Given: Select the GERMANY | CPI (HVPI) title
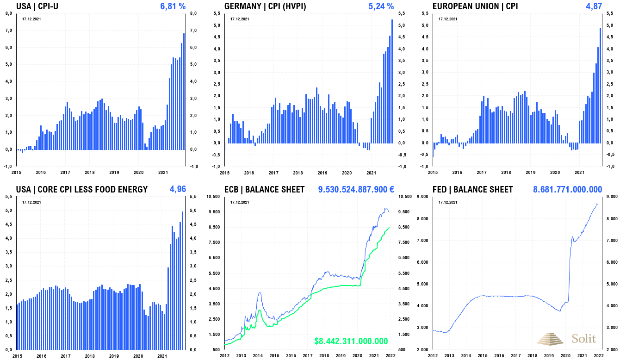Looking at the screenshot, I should pyautogui.click(x=265, y=6).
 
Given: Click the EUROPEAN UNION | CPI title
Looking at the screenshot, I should pyautogui.click(x=475, y=6).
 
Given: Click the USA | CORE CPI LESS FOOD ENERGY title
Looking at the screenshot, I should pyautogui.click(x=82, y=189).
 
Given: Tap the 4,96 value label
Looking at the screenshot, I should pyautogui.click(x=178, y=189).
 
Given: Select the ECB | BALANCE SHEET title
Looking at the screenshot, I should pyautogui.click(x=264, y=189).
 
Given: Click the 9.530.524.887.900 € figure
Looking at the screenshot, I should pyautogui.click(x=356, y=189).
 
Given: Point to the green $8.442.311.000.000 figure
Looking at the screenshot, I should pyautogui.click(x=351, y=341).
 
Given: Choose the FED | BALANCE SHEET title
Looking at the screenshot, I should pyautogui.click(x=472, y=189).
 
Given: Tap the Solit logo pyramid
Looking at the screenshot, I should pyautogui.click(x=551, y=338).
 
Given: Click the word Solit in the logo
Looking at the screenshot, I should pyautogui.click(x=584, y=338).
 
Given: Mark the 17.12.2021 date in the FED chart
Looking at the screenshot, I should pyautogui.click(x=448, y=202).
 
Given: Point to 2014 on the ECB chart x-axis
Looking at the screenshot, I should pyautogui.click(x=258, y=355).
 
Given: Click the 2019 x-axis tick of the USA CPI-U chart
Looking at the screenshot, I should pyautogui.click(x=114, y=173).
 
